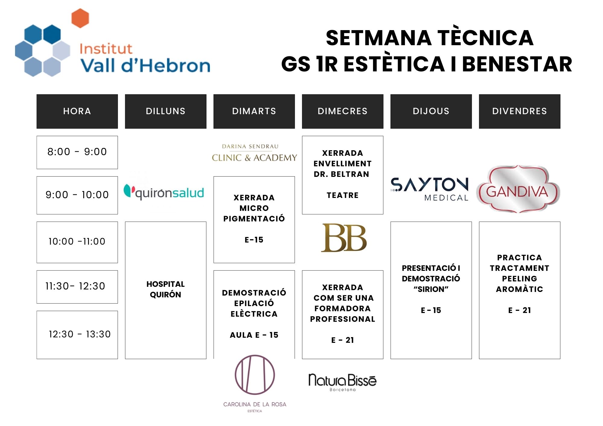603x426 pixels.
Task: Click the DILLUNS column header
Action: (x=166, y=111)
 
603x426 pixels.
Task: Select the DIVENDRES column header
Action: (x=519, y=111)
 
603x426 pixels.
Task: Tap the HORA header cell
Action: (x=77, y=111)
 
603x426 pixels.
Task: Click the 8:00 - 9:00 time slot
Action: (x=77, y=152)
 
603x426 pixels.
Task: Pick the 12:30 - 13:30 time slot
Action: (x=77, y=335)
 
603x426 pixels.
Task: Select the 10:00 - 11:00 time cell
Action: (x=77, y=242)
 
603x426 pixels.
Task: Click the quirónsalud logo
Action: (x=164, y=192)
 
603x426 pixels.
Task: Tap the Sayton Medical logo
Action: (x=430, y=189)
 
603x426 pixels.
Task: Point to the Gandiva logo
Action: (x=518, y=189)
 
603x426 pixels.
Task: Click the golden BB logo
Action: (x=344, y=238)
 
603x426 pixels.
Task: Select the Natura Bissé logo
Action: (x=343, y=382)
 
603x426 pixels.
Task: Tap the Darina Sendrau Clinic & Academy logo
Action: (x=254, y=153)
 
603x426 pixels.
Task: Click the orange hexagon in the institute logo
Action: (x=80, y=18)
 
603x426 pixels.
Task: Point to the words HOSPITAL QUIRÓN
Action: (x=166, y=289)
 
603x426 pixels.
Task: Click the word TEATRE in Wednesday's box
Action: (x=343, y=195)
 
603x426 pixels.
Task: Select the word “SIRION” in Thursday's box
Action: (x=431, y=289)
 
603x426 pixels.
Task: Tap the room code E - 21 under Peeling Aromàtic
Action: (x=519, y=310)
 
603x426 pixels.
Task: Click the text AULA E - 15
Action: (x=254, y=335)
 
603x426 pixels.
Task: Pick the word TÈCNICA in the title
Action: (x=485, y=38)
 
